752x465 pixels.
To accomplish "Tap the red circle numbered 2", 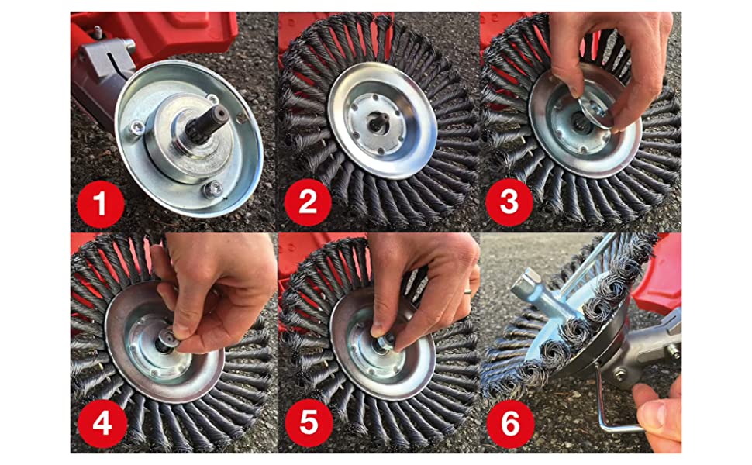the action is pos(308,203).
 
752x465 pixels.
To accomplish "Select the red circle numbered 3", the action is pos(509,203).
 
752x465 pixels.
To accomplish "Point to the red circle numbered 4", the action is pos(102,424).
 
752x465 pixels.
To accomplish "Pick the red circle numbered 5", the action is pos(309,423).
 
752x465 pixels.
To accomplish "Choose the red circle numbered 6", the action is pos(510,424).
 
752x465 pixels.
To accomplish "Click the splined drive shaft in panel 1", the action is pos(211,124).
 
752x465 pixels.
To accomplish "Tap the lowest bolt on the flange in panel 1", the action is pos(212,189).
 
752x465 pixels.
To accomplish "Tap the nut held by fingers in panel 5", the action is pos(385,341).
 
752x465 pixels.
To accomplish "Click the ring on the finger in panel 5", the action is pos(467,290).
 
